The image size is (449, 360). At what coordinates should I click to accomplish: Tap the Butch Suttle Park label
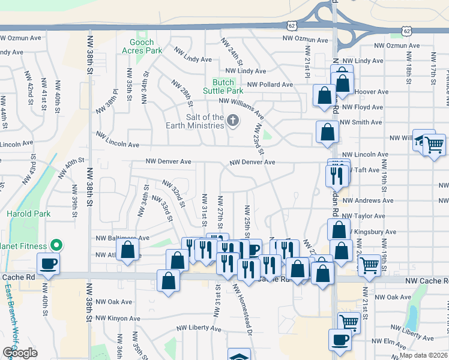(x=227, y=86)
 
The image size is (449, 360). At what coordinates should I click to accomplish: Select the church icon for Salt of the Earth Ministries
(x=232, y=122)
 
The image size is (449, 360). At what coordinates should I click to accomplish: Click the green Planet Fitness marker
(x=56, y=244)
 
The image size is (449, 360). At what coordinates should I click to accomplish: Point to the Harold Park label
(x=23, y=214)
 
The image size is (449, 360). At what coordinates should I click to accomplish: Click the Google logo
(x=19, y=353)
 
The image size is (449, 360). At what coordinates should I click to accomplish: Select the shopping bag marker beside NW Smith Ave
(x=327, y=133)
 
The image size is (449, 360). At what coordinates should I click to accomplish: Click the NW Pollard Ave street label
(x=270, y=85)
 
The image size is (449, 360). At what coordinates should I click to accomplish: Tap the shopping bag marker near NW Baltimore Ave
(x=127, y=250)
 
